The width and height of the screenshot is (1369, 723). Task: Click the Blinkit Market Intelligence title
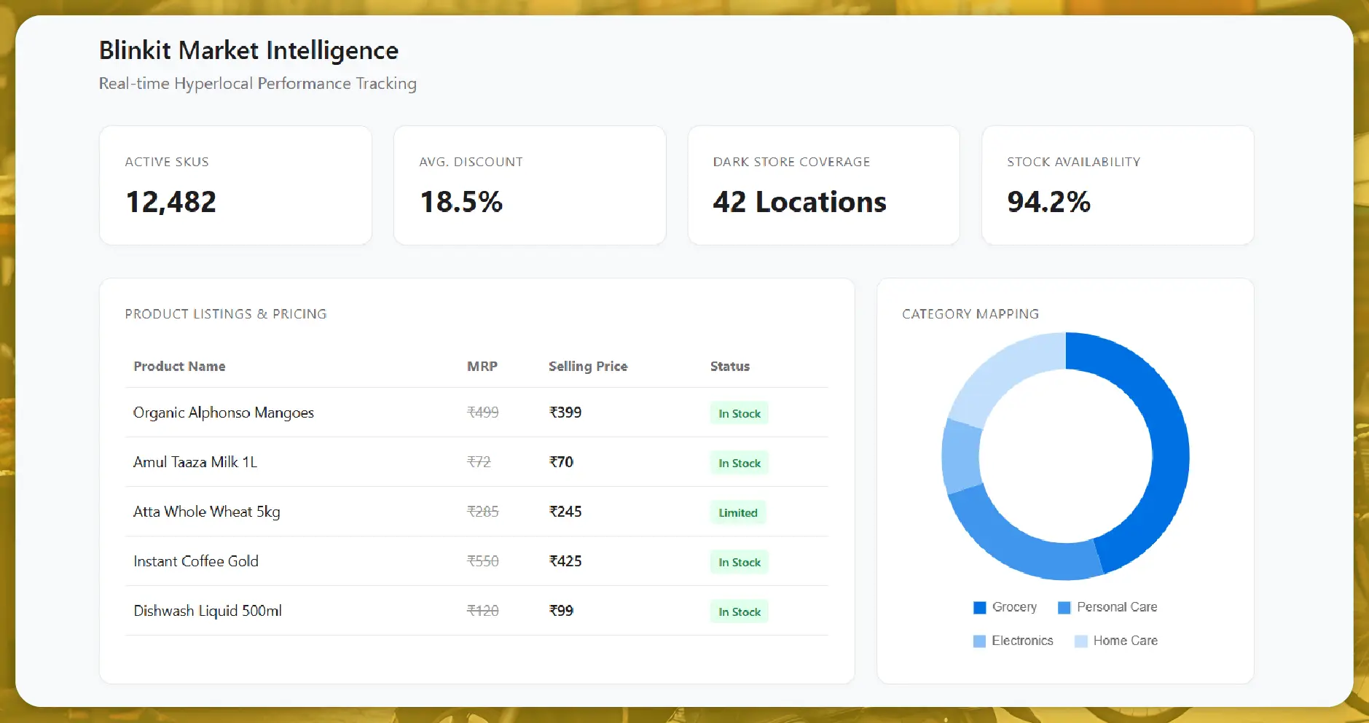(x=248, y=51)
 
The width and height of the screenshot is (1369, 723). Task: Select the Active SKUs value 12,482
(x=171, y=202)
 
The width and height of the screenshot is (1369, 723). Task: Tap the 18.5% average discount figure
(x=461, y=202)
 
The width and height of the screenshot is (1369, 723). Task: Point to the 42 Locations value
(x=799, y=202)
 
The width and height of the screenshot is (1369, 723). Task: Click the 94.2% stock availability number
(x=1048, y=202)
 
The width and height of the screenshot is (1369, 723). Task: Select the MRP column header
(x=482, y=367)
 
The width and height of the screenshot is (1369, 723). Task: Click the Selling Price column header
(x=587, y=367)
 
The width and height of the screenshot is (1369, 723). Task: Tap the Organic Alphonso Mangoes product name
(x=223, y=413)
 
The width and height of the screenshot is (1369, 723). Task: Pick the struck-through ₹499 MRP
(x=482, y=413)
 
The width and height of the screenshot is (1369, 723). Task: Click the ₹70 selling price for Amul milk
(x=561, y=462)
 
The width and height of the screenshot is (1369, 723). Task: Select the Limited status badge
(x=737, y=512)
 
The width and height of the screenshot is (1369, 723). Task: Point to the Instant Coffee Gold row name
(x=195, y=561)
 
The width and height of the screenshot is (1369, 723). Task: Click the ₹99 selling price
(x=561, y=611)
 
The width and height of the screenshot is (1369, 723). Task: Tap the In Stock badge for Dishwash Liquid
(x=739, y=612)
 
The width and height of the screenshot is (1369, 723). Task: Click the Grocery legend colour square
(x=979, y=608)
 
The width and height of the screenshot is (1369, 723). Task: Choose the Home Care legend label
(x=1125, y=641)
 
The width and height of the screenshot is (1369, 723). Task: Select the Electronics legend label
(x=1022, y=641)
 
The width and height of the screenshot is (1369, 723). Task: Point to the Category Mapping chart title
(x=970, y=314)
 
